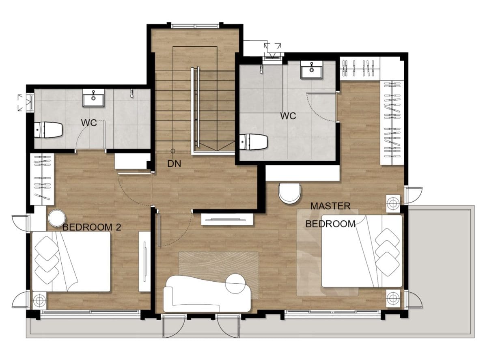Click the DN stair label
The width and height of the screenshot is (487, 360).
coord(174,164)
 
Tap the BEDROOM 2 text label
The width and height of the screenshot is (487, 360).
coord(92,227)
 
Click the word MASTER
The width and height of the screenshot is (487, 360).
coord(330,206)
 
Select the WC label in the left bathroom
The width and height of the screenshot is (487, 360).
coord(89,123)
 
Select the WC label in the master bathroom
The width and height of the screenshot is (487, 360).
coord(288,116)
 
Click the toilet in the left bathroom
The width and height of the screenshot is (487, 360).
coord(48,130)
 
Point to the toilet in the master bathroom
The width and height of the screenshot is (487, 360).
coord(253,142)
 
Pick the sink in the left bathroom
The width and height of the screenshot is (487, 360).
coord(93,98)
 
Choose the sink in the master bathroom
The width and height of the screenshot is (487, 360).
coord(312,70)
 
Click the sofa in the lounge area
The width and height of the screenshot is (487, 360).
coord(207,293)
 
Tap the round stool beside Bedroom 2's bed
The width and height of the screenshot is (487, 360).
coord(57,218)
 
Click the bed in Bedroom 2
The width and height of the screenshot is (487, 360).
coord(71,261)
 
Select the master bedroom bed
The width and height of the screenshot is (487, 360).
coord(362,251)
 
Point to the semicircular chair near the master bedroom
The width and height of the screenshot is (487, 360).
coord(290,194)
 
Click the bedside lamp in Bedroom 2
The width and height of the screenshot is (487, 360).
coord(39,300)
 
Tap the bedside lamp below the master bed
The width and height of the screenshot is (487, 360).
coord(393,298)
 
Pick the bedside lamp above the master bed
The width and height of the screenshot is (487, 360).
coord(393,204)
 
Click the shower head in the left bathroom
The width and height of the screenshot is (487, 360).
coord(132,93)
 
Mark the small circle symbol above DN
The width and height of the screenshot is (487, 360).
coord(173,151)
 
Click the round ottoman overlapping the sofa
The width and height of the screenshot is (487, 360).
coord(235,283)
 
